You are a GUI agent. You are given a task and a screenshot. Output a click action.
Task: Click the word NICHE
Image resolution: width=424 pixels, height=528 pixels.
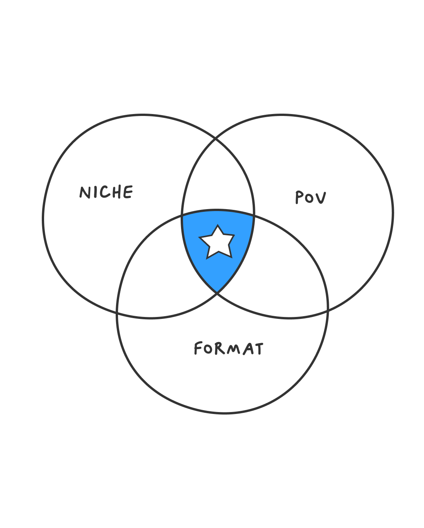pyautogui.click(x=106, y=192)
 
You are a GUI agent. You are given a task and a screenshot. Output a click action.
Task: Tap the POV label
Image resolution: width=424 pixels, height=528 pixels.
pyautogui.click(x=311, y=198)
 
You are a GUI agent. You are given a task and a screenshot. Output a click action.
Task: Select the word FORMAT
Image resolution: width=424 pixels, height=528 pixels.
pyautogui.click(x=229, y=349)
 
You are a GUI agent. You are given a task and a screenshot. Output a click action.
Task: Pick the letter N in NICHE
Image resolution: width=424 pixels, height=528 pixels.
pyautogui.click(x=85, y=192)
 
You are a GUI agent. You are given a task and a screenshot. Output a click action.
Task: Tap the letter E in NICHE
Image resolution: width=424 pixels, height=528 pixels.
pyautogui.click(x=128, y=192)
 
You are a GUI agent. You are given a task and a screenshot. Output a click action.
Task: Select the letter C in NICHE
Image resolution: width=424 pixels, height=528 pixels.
pyautogui.click(x=105, y=192)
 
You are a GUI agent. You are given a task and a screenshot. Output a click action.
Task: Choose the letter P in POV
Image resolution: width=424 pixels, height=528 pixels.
pyautogui.click(x=299, y=198)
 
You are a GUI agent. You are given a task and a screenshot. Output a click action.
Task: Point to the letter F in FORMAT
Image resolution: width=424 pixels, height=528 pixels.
pyautogui.click(x=198, y=348)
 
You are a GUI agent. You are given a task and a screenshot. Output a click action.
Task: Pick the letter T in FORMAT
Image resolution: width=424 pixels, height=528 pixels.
pyautogui.click(x=258, y=349)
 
